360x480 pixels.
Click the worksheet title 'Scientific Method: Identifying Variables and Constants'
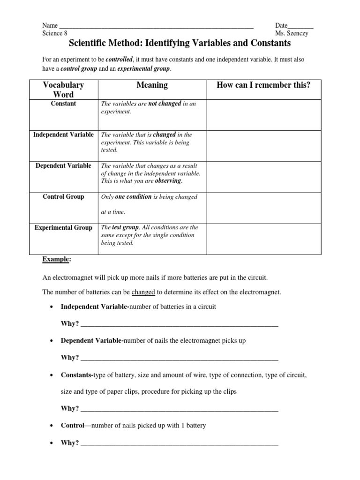(180, 44)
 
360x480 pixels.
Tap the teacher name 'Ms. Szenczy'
(294, 33)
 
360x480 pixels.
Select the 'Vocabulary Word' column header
(63, 90)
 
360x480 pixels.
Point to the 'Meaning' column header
(152, 85)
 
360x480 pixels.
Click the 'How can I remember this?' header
(263, 85)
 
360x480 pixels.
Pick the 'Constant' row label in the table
(63, 104)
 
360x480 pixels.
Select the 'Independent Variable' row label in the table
(63, 135)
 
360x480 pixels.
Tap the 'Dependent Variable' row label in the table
(63, 165)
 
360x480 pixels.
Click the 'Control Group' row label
(63, 196)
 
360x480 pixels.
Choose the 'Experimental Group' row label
(63, 227)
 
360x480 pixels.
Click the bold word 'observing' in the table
(167, 181)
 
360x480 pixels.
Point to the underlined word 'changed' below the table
(143, 292)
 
